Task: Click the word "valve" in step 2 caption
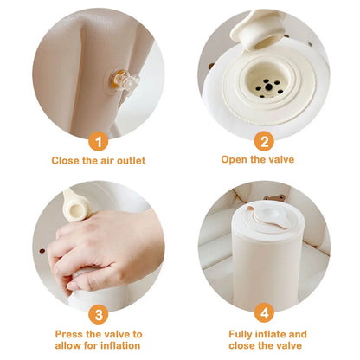(282, 161)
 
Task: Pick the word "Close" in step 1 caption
(65, 161)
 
